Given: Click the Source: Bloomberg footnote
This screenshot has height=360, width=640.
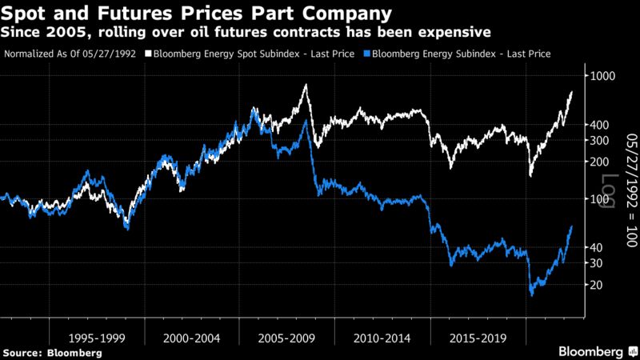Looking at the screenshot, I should (50, 352).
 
